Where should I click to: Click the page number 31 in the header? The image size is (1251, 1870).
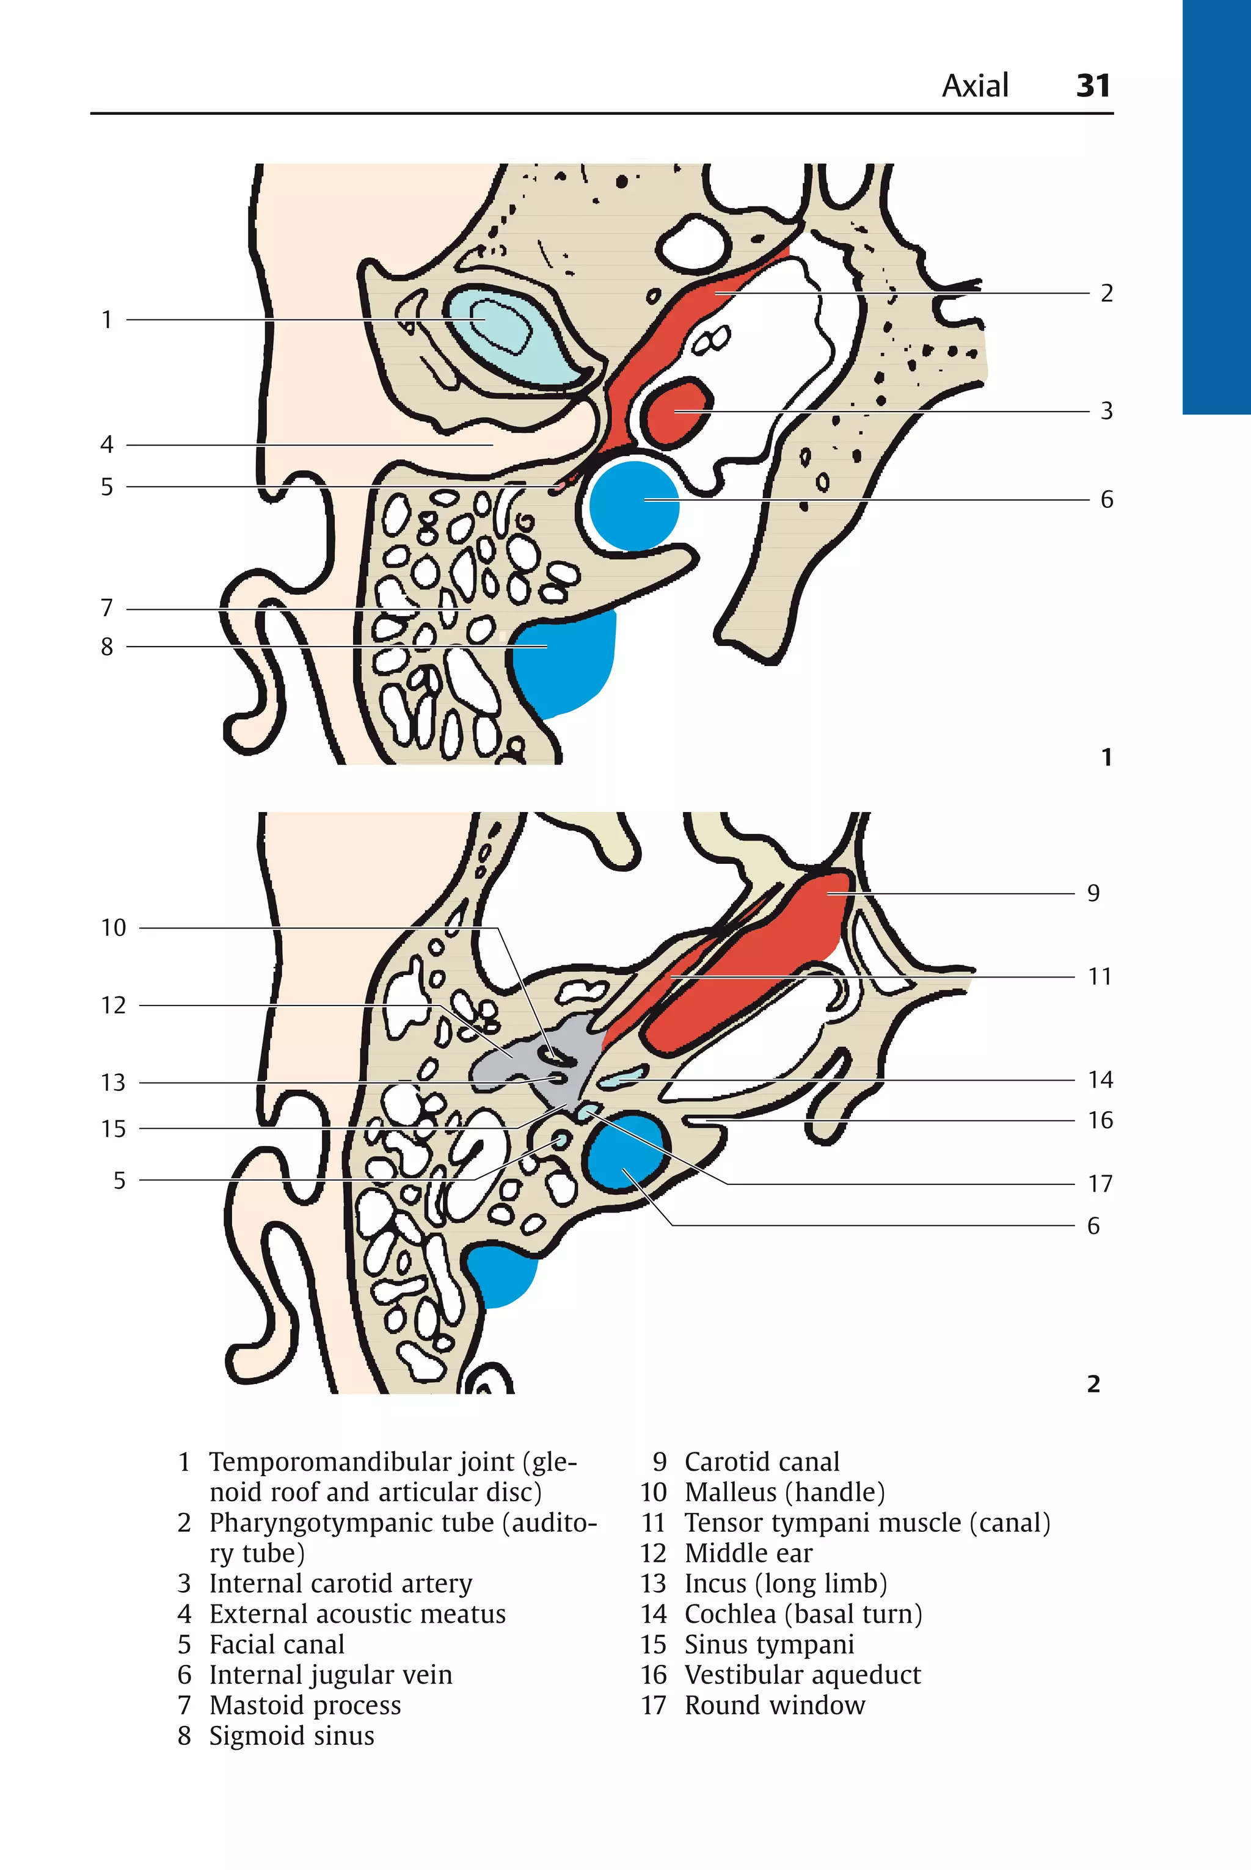pyautogui.click(x=1092, y=85)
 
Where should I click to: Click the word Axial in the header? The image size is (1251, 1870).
pyautogui.click(x=975, y=85)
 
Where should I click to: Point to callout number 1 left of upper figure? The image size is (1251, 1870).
pyautogui.click(x=107, y=320)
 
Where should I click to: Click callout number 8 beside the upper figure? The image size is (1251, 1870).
pyautogui.click(x=107, y=647)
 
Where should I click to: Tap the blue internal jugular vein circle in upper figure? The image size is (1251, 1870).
pyautogui.click(x=634, y=506)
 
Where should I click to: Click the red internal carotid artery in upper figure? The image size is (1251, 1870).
pyautogui.click(x=677, y=411)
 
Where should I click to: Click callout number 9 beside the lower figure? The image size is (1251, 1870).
pyautogui.click(x=1093, y=893)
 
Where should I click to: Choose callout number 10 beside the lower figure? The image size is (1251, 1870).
pyautogui.click(x=113, y=927)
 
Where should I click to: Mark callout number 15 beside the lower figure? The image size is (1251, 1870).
pyautogui.click(x=113, y=1128)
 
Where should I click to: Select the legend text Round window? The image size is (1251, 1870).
pyautogui.click(x=774, y=1705)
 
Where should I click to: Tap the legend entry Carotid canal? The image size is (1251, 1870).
pyautogui.click(x=761, y=1462)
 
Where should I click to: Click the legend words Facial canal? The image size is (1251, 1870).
pyautogui.click(x=277, y=1644)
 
